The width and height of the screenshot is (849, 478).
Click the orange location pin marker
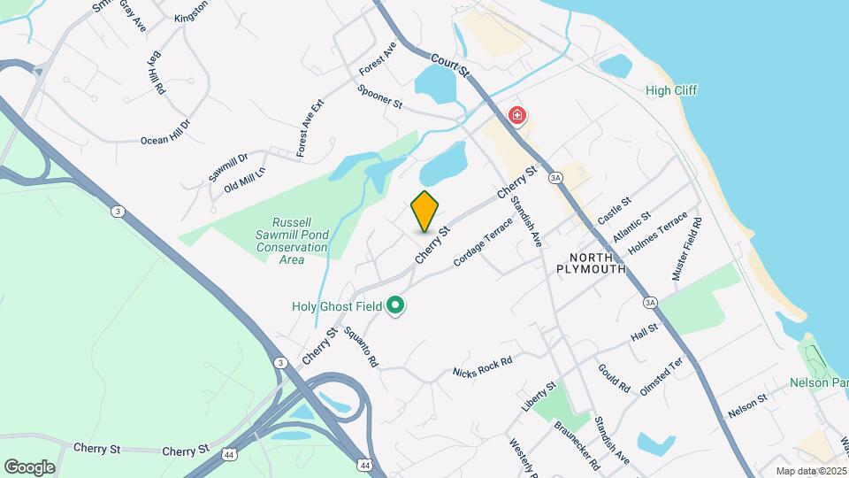[x=425, y=212]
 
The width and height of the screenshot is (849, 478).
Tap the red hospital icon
[x=516, y=116]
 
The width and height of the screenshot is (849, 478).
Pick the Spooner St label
[x=380, y=96]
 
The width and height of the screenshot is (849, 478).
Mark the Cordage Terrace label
[x=483, y=242]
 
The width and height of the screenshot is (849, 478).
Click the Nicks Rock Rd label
[x=482, y=366]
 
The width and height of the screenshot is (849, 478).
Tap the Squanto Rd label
[x=361, y=347]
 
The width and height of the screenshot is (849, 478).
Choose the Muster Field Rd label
[x=687, y=249]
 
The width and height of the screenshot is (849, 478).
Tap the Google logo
[x=29, y=467]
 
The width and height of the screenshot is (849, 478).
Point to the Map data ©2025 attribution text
[x=810, y=471]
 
